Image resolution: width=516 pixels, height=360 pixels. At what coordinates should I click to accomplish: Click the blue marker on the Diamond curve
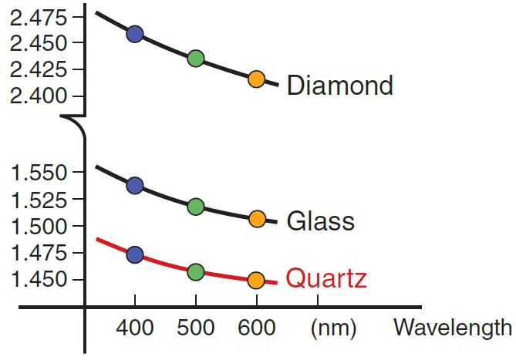point(135,33)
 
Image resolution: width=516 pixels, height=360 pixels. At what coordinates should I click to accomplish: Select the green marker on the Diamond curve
point(195,58)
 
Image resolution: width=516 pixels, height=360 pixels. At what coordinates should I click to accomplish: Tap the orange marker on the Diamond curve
point(256,79)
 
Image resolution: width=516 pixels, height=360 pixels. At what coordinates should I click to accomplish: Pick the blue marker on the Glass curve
point(135,185)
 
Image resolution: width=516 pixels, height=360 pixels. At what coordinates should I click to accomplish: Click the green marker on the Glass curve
point(195,206)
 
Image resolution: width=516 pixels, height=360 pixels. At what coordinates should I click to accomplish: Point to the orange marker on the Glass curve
point(257,219)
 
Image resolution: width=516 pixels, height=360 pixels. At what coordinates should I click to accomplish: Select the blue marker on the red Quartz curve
point(135,254)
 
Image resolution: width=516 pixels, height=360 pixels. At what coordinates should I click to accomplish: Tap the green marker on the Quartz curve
point(195,271)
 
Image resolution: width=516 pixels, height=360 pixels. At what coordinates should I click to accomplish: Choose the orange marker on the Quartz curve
point(256,280)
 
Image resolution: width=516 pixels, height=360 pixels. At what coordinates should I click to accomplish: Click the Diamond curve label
point(339,85)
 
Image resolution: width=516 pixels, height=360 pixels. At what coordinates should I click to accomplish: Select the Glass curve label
point(320,221)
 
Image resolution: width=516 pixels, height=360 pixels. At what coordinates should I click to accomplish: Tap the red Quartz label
point(326,278)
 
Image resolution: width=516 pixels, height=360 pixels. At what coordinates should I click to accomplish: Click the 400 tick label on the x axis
point(135,329)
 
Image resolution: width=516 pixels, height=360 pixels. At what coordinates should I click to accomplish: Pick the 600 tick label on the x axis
point(256,329)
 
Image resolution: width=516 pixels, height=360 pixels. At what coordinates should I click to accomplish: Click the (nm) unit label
point(332,329)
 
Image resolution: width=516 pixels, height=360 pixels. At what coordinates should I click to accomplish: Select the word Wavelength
point(452,328)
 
